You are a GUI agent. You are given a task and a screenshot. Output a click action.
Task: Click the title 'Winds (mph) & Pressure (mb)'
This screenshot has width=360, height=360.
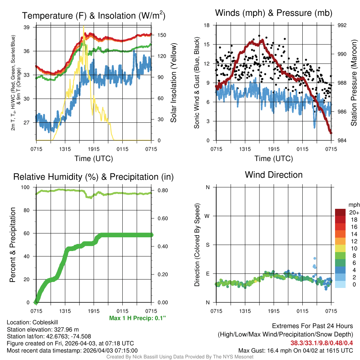point(274,13)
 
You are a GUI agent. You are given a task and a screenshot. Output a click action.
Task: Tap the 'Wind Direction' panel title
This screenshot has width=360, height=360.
point(274,174)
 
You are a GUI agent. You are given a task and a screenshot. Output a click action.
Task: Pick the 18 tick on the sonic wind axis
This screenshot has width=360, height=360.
point(207,25)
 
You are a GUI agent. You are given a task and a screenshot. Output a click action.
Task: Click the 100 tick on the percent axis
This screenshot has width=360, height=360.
point(28,187)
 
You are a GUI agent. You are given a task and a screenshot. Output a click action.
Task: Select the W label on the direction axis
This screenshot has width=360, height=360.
point(207,216)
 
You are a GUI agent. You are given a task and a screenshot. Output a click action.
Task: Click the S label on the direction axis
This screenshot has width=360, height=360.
point(207,245)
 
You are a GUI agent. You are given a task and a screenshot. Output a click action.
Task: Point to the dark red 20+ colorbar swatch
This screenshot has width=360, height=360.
point(340,212)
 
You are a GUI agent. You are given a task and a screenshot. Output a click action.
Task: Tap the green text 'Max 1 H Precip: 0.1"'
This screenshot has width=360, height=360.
point(137,318)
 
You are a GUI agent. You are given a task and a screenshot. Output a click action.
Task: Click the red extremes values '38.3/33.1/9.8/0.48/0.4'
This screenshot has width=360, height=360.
point(322,343)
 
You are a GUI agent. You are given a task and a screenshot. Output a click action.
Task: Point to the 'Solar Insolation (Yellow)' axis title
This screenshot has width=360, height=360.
point(173,83)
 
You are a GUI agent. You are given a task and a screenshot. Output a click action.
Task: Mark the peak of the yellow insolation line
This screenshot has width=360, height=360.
point(83,27)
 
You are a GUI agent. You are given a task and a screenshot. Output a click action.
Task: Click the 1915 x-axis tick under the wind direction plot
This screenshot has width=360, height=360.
point(274,311)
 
